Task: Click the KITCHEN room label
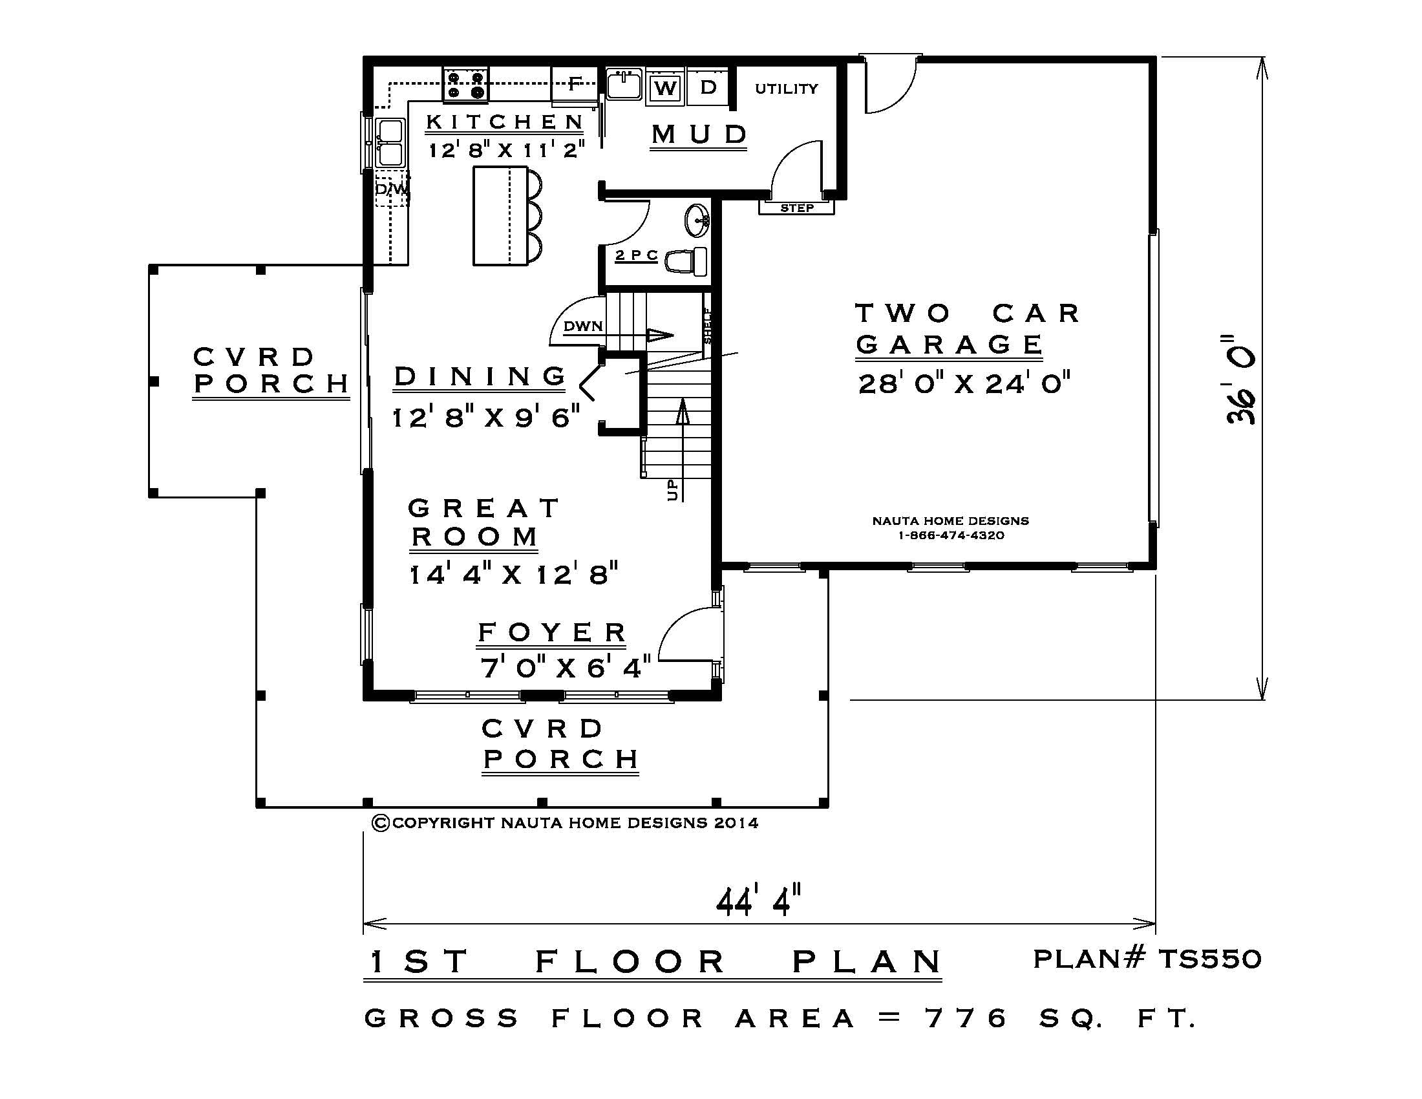click(x=505, y=122)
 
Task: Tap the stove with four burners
click(x=465, y=85)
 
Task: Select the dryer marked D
click(x=708, y=87)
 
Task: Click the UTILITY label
click(x=787, y=89)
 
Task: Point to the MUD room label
click(x=699, y=134)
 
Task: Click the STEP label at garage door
click(x=797, y=208)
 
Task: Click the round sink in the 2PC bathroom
click(x=697, y=220)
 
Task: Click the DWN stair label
click(x=583, y=326)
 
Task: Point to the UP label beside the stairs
click(x=673, y=489)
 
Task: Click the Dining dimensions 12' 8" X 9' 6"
click(x=485, y=417)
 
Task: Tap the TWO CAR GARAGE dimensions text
click(x=964, y=383)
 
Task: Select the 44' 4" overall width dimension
click(x=758, y=901)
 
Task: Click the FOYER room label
click(x=552, y=632)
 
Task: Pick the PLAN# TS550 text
click(x=1147, y=958)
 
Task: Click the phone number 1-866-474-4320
click(x=951, y=535)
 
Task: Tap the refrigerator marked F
click(x=574, y=84)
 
